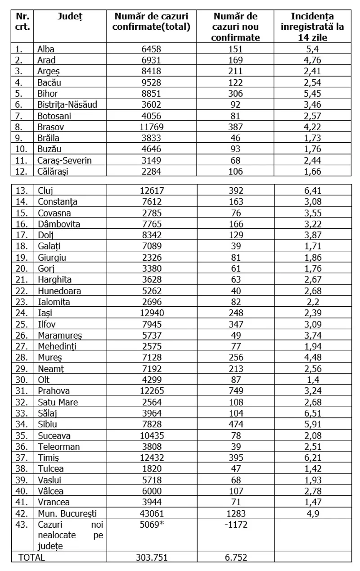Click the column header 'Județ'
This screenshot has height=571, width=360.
coord(70,16)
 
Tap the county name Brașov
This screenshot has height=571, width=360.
coord(51,127)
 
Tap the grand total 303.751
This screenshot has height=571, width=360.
coord(151,557)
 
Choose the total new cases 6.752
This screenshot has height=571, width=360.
coord(235,557)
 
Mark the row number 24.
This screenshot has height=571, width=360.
coord(21,313)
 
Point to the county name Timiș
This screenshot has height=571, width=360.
coord(49,457)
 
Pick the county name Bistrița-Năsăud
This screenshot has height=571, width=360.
coord(67,105)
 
